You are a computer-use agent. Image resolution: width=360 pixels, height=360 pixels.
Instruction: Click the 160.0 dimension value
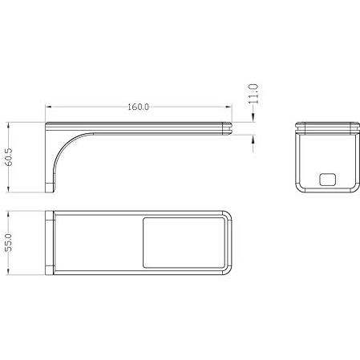[138, 107]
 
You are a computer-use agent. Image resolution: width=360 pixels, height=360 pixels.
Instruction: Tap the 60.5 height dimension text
[9, 157]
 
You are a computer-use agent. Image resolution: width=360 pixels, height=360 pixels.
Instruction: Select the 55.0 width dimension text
[9, 243]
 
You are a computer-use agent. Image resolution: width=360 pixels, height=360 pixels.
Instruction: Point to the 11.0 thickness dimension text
[253, 94]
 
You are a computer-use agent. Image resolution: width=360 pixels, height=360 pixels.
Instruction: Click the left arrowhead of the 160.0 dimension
[48, 107]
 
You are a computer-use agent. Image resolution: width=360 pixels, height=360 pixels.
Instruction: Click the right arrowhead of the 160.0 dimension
[229, 107]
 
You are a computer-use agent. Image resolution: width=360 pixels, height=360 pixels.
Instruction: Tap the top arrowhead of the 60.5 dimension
[9, 125]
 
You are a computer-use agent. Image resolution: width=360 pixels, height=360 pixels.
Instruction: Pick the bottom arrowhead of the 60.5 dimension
[9, 189]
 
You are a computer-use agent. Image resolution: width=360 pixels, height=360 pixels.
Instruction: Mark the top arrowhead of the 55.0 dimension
[9, 214]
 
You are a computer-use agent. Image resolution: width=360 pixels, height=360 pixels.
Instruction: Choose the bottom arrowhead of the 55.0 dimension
[9, 272]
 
